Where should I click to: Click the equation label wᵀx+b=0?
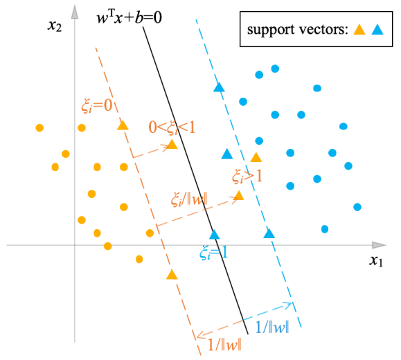(129, 17)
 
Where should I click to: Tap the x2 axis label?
(55, 26)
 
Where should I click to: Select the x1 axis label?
(376, 261)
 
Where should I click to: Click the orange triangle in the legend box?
(359, 29)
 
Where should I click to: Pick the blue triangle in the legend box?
(377, 29)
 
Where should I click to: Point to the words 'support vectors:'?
(298, 29)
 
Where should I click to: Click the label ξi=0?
(97, 105)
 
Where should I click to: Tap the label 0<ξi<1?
(172, 127)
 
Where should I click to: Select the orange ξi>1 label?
(247, 177)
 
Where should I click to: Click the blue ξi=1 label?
(213, 253)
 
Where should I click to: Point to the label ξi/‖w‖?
(189, 199)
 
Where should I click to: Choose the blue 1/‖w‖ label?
(272, 327)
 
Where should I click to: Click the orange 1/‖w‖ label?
(224, 345)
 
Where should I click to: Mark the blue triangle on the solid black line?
(215, 235)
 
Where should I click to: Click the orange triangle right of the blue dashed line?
(256, 157)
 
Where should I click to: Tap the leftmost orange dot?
(39, 127)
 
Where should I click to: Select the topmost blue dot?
(275, 69)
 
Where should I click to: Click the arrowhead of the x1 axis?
(379, 245)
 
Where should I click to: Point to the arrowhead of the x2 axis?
(74, 12)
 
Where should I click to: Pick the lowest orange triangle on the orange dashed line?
(172, 274)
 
